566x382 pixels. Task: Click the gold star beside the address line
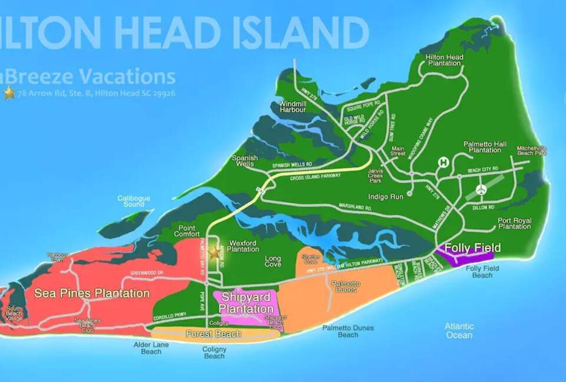click(9, 93)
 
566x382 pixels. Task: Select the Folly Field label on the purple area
click(473, 248)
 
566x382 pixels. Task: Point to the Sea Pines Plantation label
click(91, 293)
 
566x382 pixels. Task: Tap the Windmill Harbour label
click(292, 107)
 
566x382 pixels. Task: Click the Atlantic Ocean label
click(459, 331)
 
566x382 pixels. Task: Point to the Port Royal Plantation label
click(514, 223)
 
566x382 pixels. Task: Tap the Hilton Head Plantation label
click(444, 60)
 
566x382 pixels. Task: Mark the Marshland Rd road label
click(354, 207)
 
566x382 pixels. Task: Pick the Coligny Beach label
click(214, 353)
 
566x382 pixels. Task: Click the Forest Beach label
click(213, 334)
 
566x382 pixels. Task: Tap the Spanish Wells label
click(245, 161)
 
